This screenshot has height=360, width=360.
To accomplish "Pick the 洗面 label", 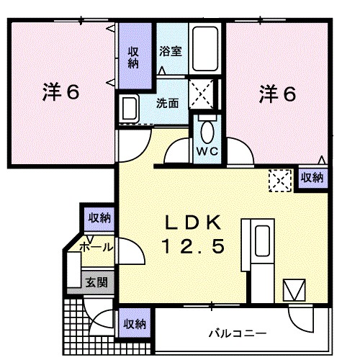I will point(168,102).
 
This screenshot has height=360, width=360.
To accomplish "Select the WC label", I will point(207,153).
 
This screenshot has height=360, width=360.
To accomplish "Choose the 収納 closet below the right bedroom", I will point(312,177).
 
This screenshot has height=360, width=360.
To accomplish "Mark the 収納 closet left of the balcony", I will point(134,323).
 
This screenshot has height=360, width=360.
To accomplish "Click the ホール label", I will point(96,247).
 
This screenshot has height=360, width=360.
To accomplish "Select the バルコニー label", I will point(238,333).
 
